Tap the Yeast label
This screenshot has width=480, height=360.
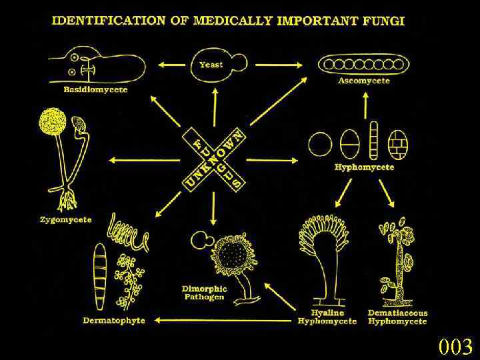211,65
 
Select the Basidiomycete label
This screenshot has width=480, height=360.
95,89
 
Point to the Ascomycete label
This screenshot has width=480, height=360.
364,81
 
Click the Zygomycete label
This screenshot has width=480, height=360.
65,219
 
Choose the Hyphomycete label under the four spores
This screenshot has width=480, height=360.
364,167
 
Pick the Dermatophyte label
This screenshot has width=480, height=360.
114,320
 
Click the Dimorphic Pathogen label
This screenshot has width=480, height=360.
204,293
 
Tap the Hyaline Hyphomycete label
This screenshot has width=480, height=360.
327,317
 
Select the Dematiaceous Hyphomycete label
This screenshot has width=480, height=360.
398,317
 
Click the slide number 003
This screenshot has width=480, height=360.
455,347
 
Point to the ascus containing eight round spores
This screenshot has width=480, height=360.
363,65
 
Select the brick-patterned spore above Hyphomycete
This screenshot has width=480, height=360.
398,143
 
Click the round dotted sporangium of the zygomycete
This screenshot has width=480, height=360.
52,122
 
